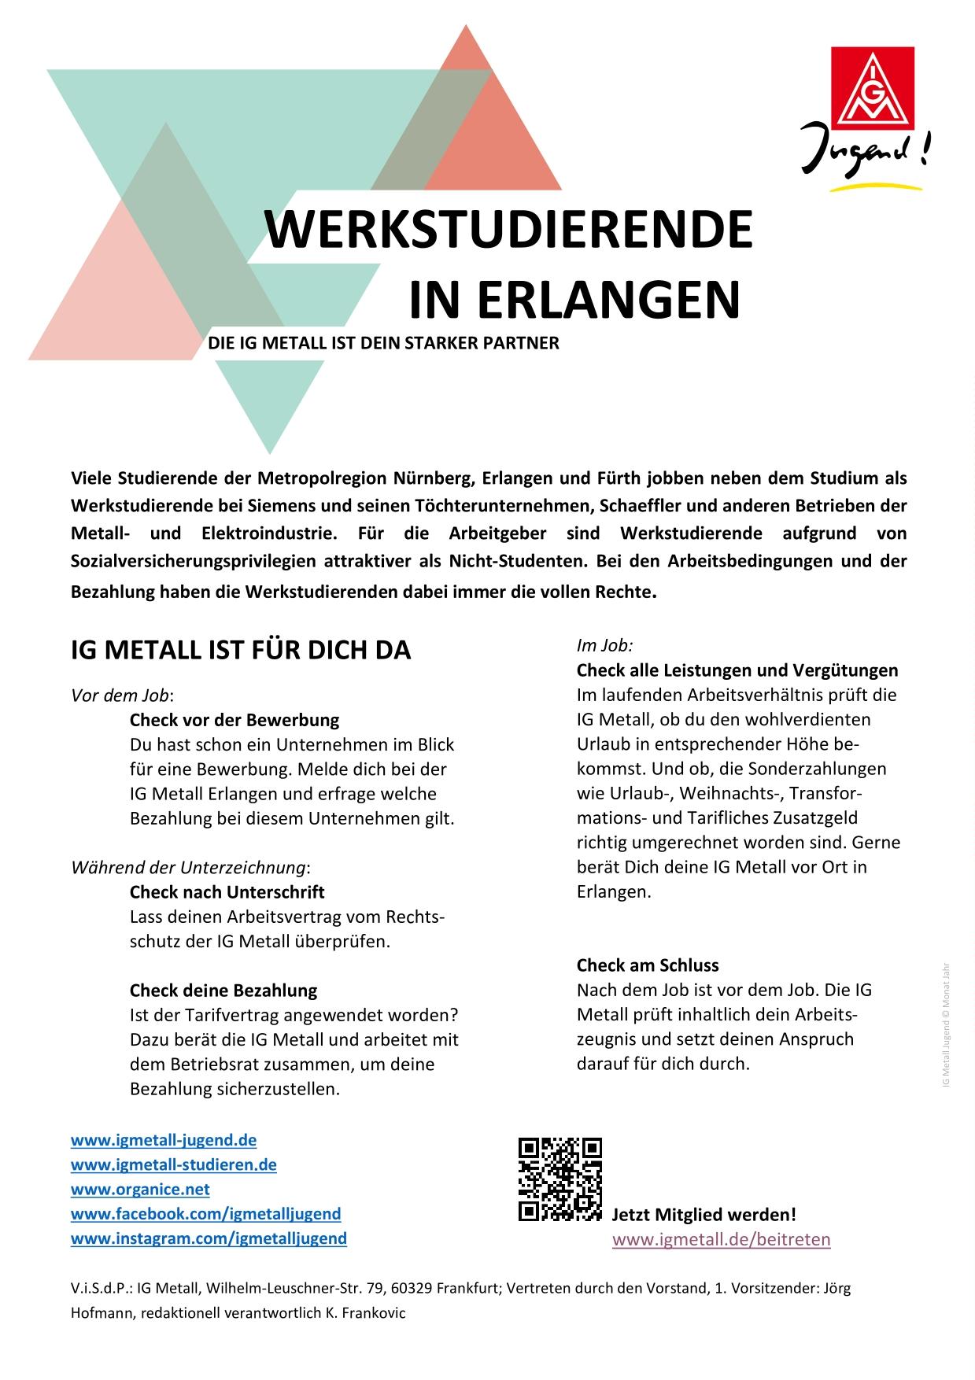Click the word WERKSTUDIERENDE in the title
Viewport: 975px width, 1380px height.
(508, 229)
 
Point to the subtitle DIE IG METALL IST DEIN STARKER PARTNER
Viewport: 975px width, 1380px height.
(383, 344)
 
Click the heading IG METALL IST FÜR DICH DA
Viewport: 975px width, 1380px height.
(241, 651)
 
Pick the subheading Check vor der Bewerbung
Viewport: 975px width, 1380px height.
(235, 720)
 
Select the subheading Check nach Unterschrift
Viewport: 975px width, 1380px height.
(227, 892)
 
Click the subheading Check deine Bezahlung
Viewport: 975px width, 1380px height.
(223, 991)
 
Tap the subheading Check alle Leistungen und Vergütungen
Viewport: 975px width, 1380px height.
(737, 670)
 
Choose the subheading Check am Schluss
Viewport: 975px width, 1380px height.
(648, 965)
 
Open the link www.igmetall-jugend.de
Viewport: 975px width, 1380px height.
(164, 1140)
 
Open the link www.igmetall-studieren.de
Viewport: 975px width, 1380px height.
(174, 1164)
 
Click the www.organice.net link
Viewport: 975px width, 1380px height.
(140, 1189)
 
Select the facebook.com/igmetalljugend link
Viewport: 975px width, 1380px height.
(206, 1214)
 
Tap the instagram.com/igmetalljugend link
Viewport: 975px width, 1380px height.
(209, 1238)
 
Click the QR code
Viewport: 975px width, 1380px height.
(560, 1179)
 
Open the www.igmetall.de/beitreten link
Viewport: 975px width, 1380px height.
(721, 1240)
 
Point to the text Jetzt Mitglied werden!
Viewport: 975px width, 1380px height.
(704, 1215)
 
